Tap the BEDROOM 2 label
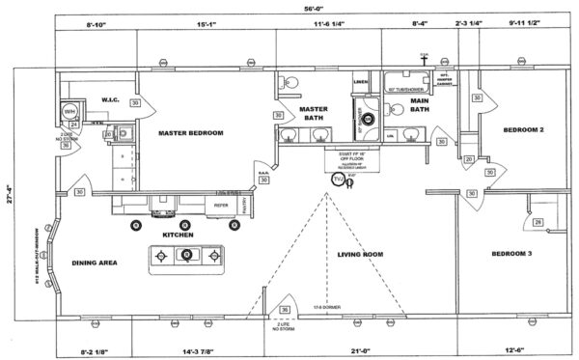522,129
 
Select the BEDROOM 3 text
518,253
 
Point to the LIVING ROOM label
360,255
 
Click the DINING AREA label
95,263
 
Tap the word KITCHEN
178,235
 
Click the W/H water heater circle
69,112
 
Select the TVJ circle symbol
337,180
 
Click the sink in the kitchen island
187,256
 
